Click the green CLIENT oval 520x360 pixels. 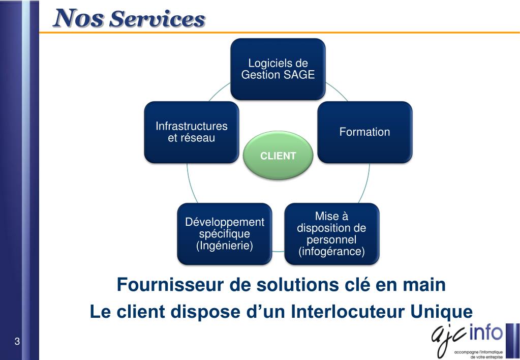pos(278,156)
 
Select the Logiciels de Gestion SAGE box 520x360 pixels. pos(278,69)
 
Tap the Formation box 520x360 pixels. pos(364,132)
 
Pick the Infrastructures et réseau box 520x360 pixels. pos(191,132)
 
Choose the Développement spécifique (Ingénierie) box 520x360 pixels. pos(224,234)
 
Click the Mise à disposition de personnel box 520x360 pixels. pos(331,234)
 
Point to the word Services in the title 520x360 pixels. pos(157,19)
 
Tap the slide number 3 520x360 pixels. pos(17,341)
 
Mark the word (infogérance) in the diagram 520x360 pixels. pos(331,252)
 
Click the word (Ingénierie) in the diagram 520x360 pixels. pos(224,246)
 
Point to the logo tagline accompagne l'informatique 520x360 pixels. pos(478,352)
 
